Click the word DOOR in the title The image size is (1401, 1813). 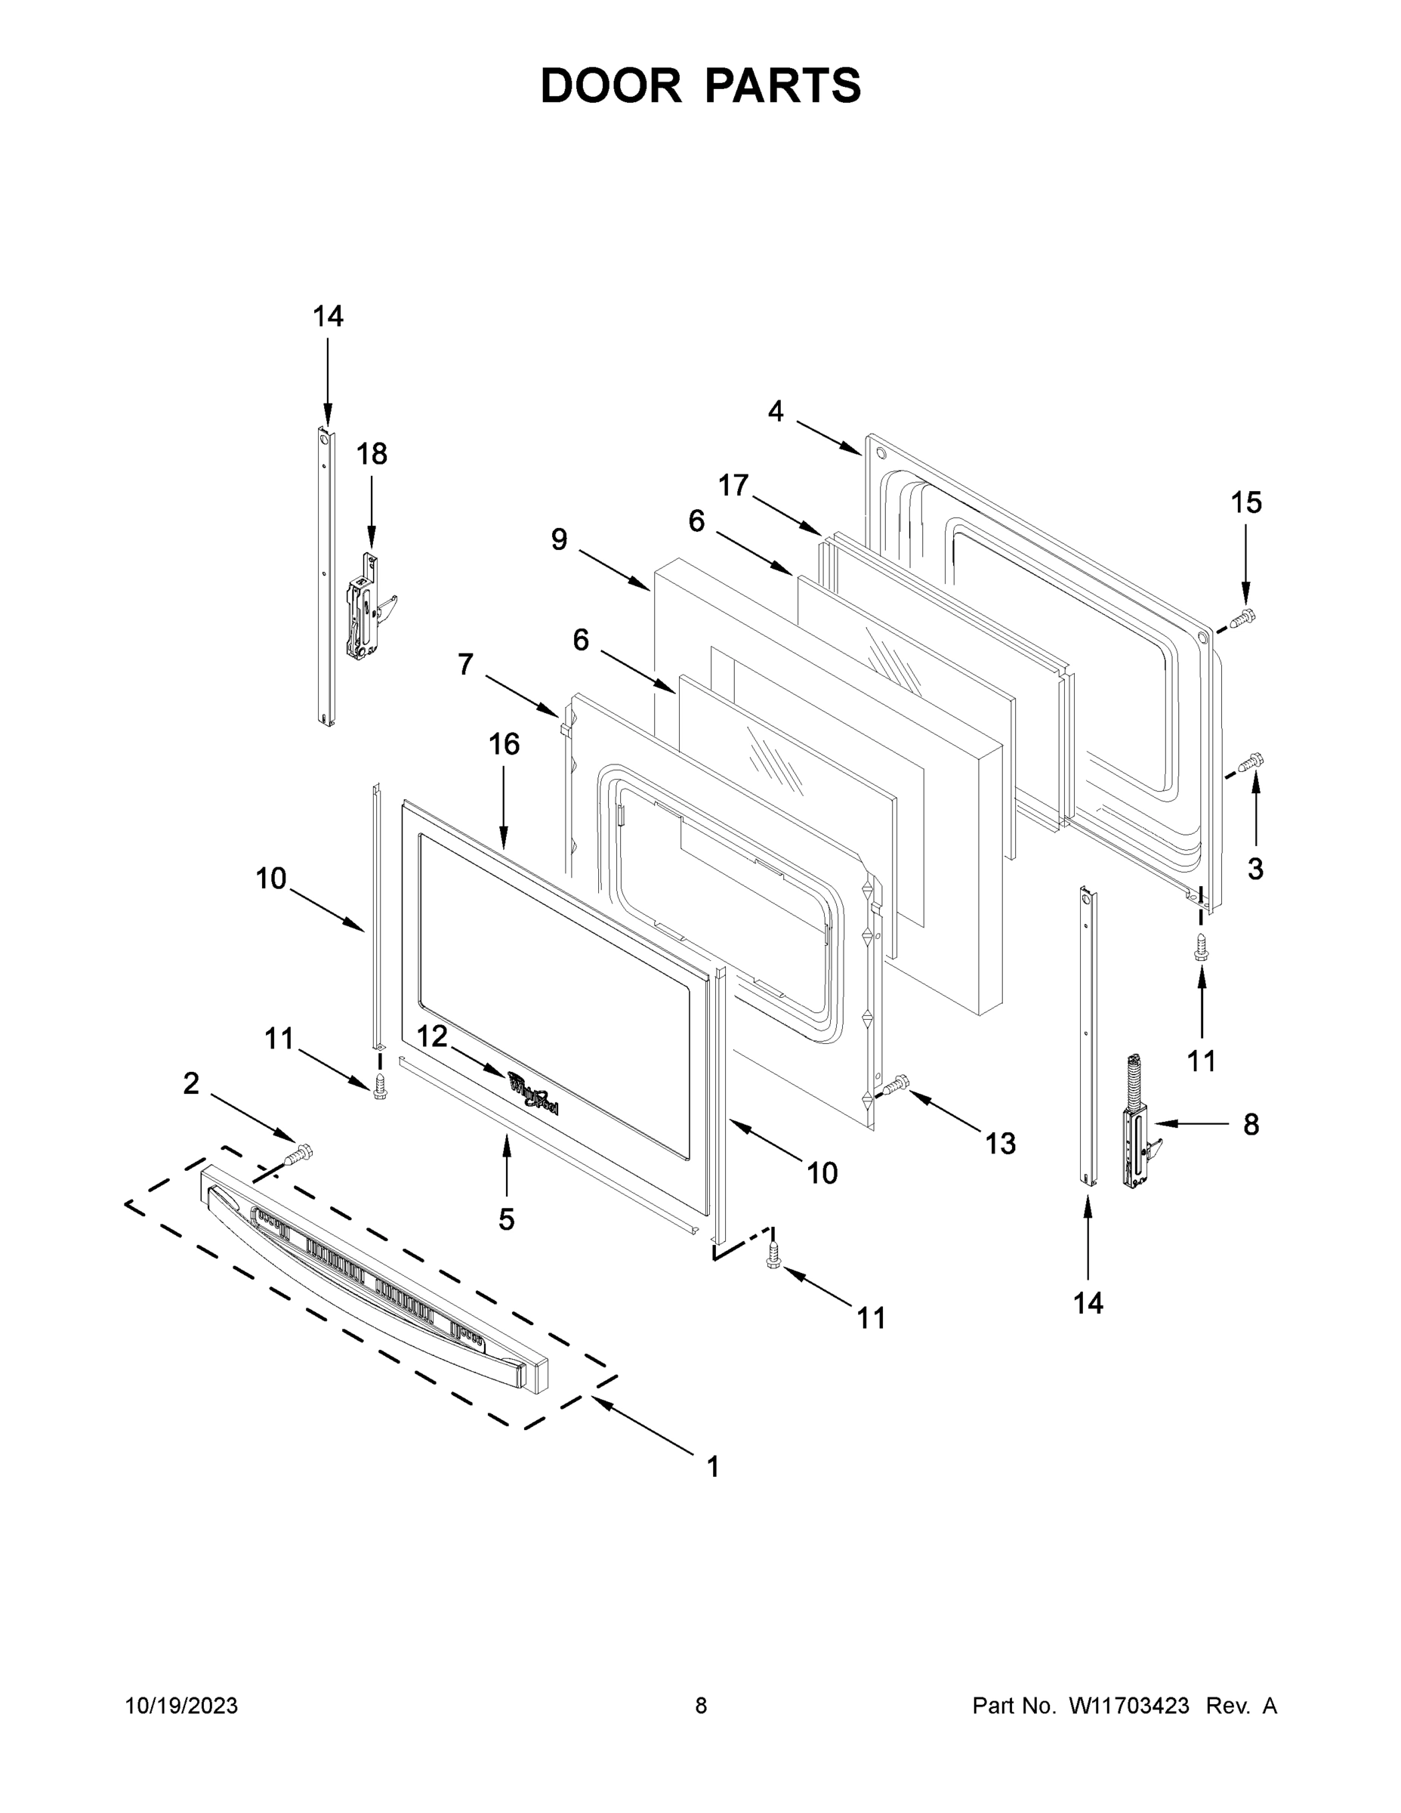610,86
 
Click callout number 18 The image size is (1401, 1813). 372,454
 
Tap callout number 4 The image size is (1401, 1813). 775,411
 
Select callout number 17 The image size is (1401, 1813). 733,485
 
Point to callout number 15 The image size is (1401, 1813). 1245,502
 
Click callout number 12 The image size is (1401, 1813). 431,1036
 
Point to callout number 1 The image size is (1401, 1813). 713,1467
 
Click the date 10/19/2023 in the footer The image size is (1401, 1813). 181,1706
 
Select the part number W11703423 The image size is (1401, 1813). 1129,1706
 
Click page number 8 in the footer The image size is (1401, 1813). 702,1706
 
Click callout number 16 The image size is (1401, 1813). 504,744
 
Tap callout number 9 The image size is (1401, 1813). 560,539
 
